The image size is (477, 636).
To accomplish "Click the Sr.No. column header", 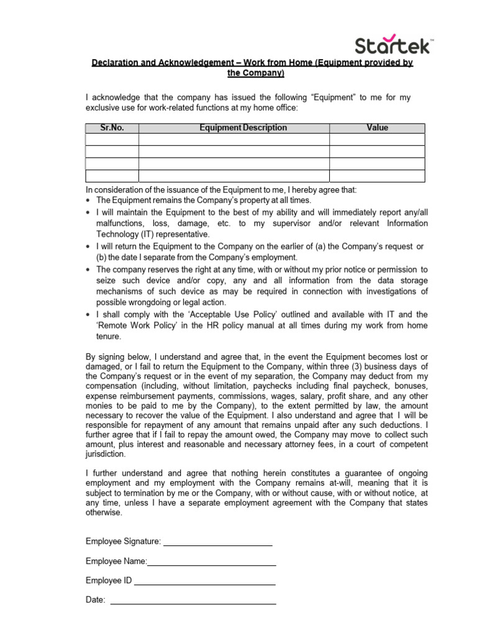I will pyautogui.click(x=112, y=128).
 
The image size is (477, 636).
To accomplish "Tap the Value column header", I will pyautogui.click(x=377, y=128).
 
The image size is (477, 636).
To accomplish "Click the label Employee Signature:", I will pyautogui.click(x=123, y=542).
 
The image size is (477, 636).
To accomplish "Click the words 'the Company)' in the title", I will pyautogui.click(x=256, y=74).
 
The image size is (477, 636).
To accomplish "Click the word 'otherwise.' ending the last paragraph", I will pyautogui.click(x=104, y=513).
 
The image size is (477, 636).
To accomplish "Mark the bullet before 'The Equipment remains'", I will pyautogui.click(x=89, y=201).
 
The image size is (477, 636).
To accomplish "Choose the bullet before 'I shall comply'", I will pyautogui.click(x=89, y=315).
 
